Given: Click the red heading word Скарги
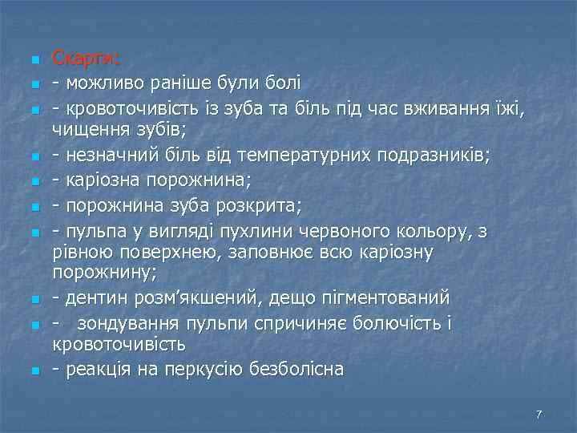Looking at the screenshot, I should click(x=86, y=59).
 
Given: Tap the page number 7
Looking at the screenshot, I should click(x=539, y=415).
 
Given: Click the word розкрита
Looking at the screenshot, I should click(x=261, y=207).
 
